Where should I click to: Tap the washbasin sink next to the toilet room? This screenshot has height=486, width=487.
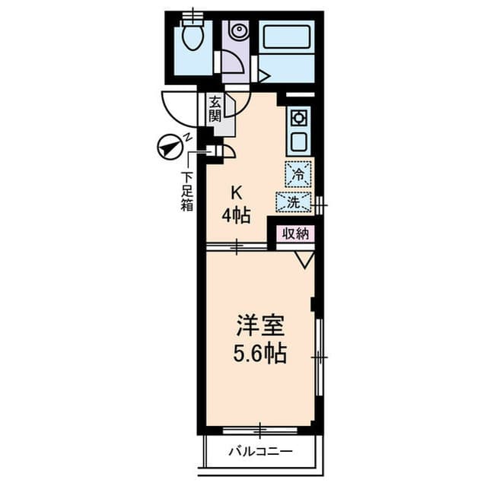238,32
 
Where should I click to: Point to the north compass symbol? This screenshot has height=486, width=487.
168,147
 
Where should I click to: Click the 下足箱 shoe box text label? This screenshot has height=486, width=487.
186,190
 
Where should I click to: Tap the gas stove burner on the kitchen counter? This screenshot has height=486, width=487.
298,118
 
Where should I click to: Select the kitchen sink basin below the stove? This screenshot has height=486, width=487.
298,141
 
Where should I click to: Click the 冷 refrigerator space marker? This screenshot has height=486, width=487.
298,174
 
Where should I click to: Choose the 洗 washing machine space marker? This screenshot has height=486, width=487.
294,203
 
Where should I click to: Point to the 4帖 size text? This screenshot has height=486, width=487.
236,215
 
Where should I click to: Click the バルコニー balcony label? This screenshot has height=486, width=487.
260,453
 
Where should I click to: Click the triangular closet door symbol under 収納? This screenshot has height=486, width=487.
305,259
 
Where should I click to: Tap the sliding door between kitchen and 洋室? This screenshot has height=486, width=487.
237,246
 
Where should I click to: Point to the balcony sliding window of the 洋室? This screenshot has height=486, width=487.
259,431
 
